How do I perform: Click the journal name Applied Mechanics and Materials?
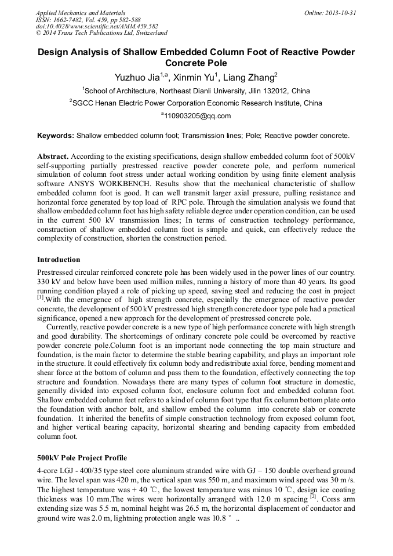coord(81,12)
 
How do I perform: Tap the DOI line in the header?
coord(97,26)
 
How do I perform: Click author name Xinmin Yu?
coord(196,77)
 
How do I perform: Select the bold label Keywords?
coord(56,136)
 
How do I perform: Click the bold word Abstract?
coord(53,157)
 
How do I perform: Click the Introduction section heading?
coord(59,259)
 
